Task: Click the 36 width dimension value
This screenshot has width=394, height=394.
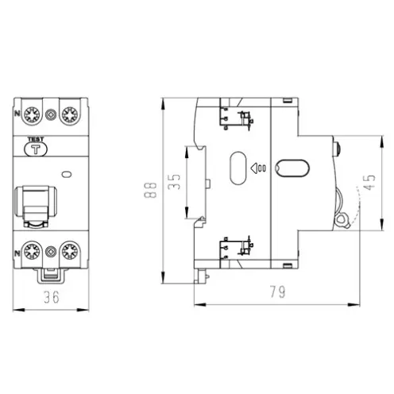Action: click(x=52, y=297)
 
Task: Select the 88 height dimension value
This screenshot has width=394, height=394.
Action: click(x=150, y=190)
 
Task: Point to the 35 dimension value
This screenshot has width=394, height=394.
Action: click(x=174, y=182)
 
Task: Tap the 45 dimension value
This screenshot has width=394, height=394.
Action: click(x=369, y=182)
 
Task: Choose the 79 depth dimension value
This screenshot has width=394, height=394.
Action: click(x=278, y=292)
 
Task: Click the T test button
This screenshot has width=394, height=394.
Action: click(x=36, y=149)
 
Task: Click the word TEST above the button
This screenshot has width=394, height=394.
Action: click(x=36, y=139)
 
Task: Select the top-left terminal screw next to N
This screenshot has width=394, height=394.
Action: click(x=32, y=115)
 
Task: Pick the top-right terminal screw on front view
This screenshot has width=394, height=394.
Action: click(x=70, y=115)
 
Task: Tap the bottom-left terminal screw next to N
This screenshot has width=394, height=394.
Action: click(x=32, y=251)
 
